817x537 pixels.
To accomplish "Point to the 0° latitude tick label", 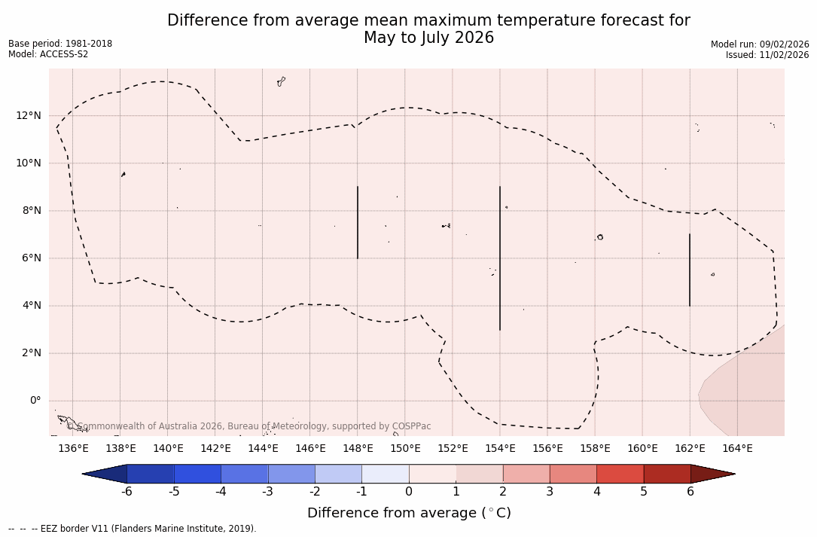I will point(35,401).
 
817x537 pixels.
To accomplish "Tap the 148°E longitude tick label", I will point(358,449).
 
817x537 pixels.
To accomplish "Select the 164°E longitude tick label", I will point(737,449).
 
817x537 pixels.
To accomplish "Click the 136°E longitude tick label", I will point(73,449).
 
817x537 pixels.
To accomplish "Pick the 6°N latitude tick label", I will point(30,258).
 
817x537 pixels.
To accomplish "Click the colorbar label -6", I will point(127,492).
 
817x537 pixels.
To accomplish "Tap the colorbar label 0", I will point(409,492).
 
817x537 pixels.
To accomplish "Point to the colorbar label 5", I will point(644,492).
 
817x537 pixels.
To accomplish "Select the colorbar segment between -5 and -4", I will point(197,474).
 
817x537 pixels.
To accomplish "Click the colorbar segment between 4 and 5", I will point(620,474).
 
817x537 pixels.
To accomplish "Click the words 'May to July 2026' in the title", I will point(428,38).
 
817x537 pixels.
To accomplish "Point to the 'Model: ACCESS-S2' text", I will point(48,54).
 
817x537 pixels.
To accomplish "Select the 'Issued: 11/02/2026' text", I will point(767,55).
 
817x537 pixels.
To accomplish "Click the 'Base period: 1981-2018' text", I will point(60,44).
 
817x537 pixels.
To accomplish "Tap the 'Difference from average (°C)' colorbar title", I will point(409,513).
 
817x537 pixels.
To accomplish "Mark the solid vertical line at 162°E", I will point(690,270).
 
